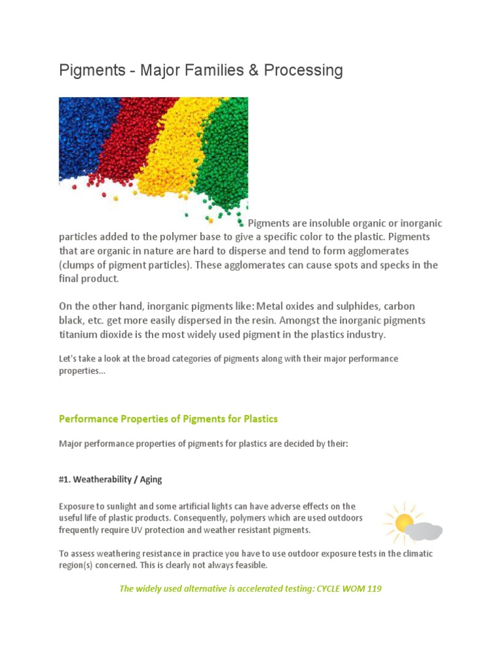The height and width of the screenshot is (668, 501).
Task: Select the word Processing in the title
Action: click(303, 70)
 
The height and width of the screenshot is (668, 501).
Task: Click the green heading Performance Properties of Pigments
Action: click(168, 419)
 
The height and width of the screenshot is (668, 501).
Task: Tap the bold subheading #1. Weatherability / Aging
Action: click(110, 479)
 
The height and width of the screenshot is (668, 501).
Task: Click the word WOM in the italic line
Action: click(346, 589)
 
